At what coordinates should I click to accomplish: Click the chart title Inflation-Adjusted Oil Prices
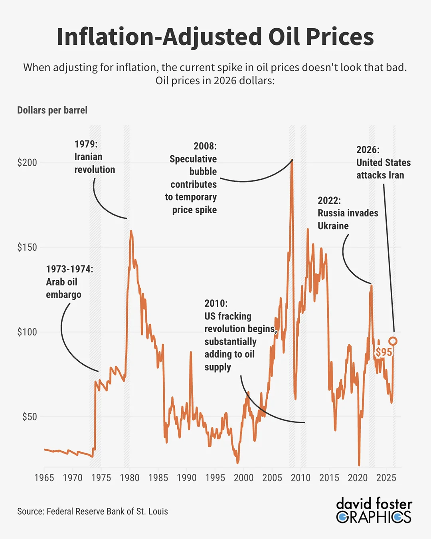pyautogui.click(x=215, y=37)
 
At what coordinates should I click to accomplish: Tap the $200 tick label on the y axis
pyautogui.click(x=27, y=163)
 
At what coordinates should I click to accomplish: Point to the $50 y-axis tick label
pyautogui.click(x=30, y=416)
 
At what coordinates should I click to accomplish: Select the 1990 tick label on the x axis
pyautogui.click(x=187, y=478)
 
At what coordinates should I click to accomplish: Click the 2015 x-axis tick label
pyautogui.click(x=329, y=478)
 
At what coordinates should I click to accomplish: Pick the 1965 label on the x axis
pyautogui.click(x=44, y=478)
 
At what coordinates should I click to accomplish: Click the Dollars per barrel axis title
pyautogui.click(x=52, y=110)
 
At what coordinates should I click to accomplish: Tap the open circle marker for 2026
pyautogui.click(x=393, y=341)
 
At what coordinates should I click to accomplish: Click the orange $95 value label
pyautogui.click(x=384, y=352)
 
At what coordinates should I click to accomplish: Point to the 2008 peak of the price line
pyautogui.click(x=292, y=160)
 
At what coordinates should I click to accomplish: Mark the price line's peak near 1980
pyautogui.click(x=131, y=231)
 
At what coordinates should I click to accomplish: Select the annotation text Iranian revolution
pyautogui.click(x=95, y=163)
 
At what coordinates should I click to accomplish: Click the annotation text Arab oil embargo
pyautogui.click(x=63, y=288)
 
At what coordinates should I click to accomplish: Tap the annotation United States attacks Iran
pyautogui.click(x=384, y=169)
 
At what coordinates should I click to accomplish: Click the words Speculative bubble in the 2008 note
pyautogui.click(x=193, y=165)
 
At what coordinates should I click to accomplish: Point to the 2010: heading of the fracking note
pyautogui.click(x=216, y=303)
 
